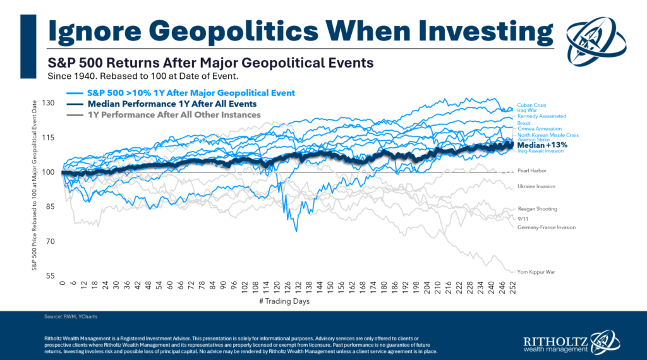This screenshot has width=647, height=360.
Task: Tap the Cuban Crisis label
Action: coord(531,105)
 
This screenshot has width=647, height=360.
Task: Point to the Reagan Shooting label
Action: coord(537,209)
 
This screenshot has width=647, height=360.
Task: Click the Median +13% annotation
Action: coord(542,145)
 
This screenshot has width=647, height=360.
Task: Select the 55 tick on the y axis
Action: coord(51,276)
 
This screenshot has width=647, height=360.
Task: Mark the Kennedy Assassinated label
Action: coord(541,116)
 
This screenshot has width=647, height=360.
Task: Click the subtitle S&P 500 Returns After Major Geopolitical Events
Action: coord(210,63)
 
